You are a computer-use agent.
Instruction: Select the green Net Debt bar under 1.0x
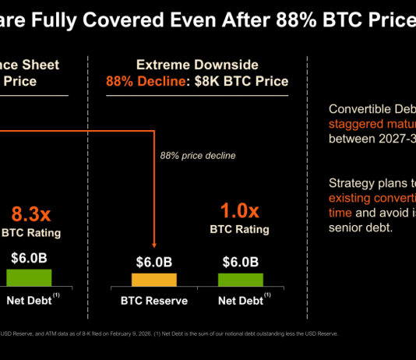point(240,280)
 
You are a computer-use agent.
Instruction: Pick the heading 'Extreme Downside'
point(197,65)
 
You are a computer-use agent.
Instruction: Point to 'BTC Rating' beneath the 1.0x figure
point(240,230)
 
